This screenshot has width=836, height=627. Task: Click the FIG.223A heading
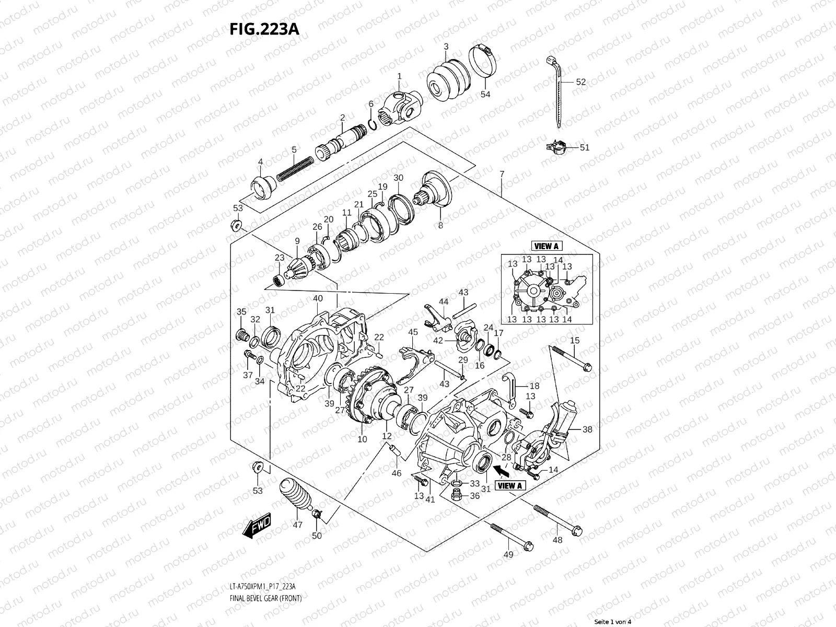(x=264, y=29)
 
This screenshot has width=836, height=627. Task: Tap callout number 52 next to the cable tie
(x=580, y=82)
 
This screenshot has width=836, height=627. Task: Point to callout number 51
(x=584, y=148)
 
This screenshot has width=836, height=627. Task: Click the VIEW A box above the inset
(x=547, y=246)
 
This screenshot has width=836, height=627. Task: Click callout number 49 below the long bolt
(x=508, y=554)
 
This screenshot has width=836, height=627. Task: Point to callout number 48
(x=558, y=540)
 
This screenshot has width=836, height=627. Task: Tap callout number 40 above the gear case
(x=318, y=299)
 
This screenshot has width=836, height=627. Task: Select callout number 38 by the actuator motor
(x=587, y=429)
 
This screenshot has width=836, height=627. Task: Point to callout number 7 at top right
(x=502, y=173)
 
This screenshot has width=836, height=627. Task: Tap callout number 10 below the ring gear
(x=362, y=439)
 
